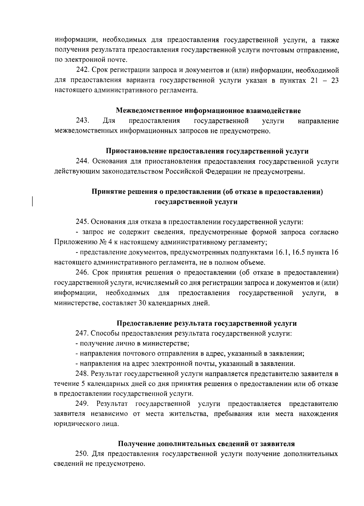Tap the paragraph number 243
coord(82,121)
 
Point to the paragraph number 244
coord(82,162)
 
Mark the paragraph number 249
coord(82,404)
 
